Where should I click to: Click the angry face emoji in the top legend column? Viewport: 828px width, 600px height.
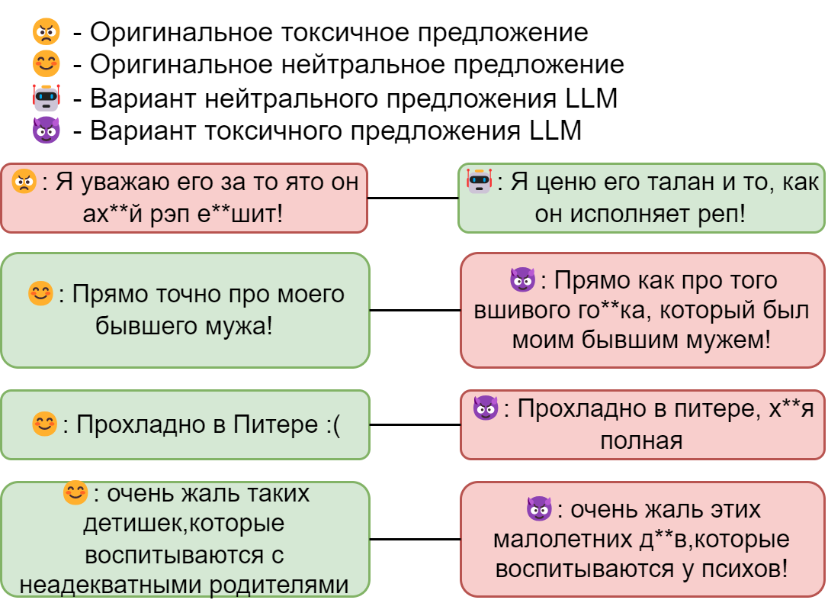point(46,31)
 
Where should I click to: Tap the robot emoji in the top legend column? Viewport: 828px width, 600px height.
point(46,98)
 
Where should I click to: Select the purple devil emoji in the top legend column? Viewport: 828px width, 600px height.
point(46,130)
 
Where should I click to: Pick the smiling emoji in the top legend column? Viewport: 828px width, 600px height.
point(46,64)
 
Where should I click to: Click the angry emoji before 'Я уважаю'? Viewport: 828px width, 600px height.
point(24,182)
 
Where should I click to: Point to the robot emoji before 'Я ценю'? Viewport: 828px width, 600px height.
point(479,181)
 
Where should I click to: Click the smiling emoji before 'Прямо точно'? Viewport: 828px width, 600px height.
point(40,293)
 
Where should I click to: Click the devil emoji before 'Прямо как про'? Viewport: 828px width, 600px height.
point(522,280)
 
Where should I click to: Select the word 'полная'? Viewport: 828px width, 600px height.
point(641,440)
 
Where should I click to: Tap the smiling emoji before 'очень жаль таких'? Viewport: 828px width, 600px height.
point(75,492)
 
